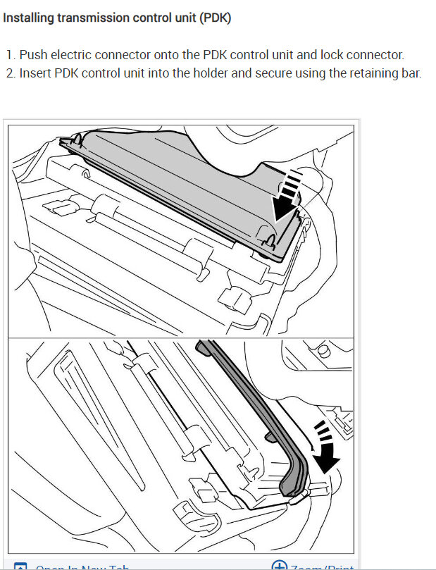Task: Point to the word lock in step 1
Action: (327, 54)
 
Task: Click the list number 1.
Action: (10, 54)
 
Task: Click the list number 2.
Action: (11, 73)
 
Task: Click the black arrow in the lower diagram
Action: (325, 461)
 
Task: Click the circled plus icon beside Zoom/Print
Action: (280, 565)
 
